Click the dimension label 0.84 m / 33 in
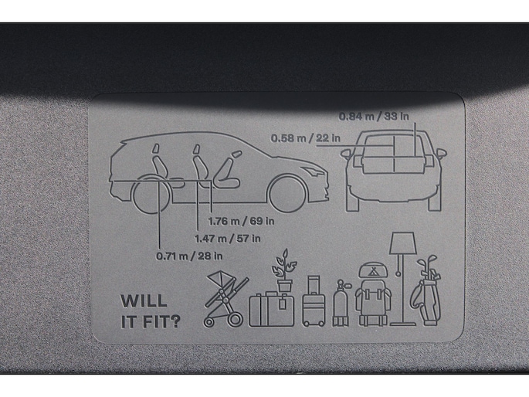pyautogui.click(x=374, y=117)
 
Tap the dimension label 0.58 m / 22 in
pyautogui.click(x=305, y=138)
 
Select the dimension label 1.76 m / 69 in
pyautogui.click(x=241, y=221)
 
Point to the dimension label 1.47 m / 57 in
pyautogui.click(x=227, y=239)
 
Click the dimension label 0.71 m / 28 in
pyautogui.click(x=189, y=256)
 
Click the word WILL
pyautogui.click(x=144, y=301)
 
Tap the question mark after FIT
pyautogui.click(x=174, y=322)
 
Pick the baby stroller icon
pyautogui.click(x=226, y=299)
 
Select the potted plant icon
pyautogui.click(x=284, y=270)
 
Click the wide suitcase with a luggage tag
pyautogui.click(x=272, y=309)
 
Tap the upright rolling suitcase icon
pyautogui.click(x=314, y=301)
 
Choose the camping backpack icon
pyautogui.click(x=373, y=294)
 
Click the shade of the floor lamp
pyautogui.click(x=402, y=243)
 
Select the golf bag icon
pyautogui.click(x=426, y=290)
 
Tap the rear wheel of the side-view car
pyautogui.click(x=151, y=195)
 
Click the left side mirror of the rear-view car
pyautogui.click(x=346, y=154)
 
